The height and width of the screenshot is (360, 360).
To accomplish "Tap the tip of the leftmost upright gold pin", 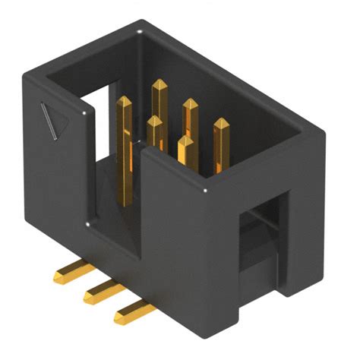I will pyautogui.click(x=124, y=101).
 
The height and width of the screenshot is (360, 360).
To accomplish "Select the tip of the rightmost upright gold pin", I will pyautogui.click(x=220, y=124).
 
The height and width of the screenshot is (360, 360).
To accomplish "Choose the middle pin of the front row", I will pyautogui.click(x=155, y=123).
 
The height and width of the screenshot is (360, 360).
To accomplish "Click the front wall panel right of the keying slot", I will pyautogui.click(x=182, y=251).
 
